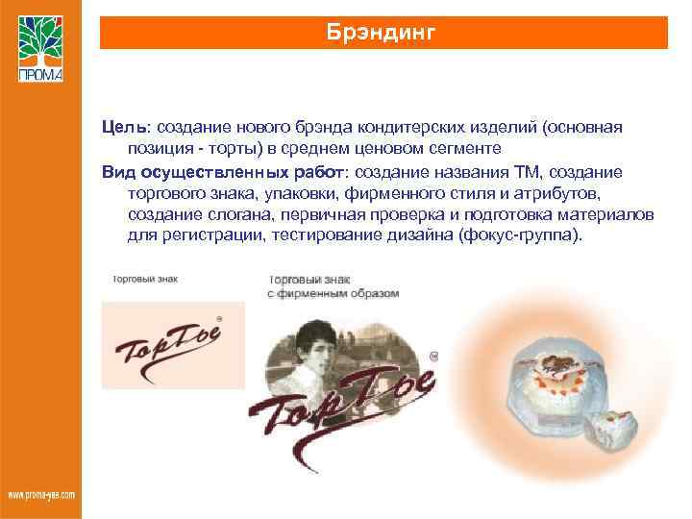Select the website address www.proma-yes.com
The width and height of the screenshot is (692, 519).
41,495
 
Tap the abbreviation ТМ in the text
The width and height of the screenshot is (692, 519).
528,171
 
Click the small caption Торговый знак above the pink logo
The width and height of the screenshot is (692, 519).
144,280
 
